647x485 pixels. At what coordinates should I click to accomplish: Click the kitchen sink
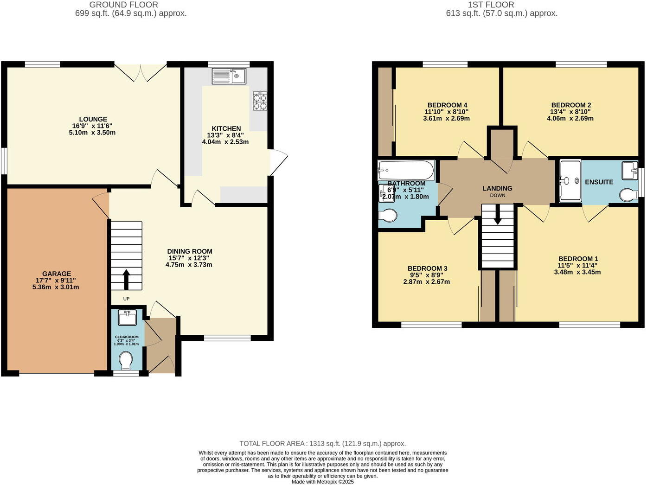click(x=229, y=76)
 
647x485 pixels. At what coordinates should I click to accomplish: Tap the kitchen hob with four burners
click(x=260, y=101)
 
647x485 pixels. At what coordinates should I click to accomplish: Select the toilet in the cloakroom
click(x=126, y=360)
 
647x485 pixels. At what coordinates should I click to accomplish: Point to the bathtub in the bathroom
click(x=406, y=170)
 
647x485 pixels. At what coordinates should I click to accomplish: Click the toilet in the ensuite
click(x=628, y=195)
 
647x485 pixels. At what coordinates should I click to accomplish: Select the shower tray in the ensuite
click(x=570, y=181)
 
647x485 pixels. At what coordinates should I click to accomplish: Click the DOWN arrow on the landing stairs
click(x=497, y=216)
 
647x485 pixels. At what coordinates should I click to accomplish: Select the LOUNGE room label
click(x=93, y=119)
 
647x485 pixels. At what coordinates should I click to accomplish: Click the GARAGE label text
click(x=57, y=274)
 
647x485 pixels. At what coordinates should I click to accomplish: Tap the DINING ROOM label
click(x=190, y=251)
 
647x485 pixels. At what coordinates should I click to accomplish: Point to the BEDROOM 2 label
click(x=571, y=105)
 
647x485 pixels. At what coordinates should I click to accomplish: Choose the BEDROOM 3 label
click(x=427, y=268)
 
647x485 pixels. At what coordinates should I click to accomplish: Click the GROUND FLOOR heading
click(x=123, y=5)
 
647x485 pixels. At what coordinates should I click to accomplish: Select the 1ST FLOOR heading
click(x=491, y=5)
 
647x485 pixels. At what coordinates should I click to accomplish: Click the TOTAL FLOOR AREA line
click(x=322, y=444)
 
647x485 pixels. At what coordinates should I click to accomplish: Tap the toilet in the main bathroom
click(x=387, y=216)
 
